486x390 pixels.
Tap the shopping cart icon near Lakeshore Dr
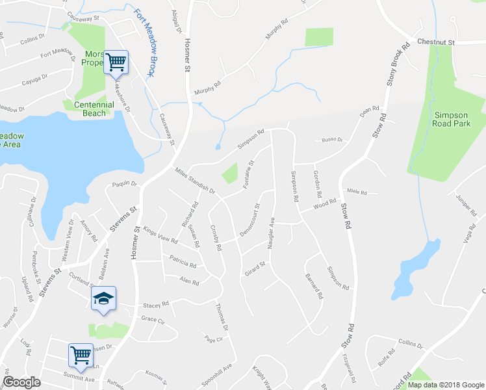pos(116,62)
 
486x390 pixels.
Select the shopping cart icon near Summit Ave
pos(81,355)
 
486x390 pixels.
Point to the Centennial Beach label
pos(94,109)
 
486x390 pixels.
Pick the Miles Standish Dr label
pos(194,181)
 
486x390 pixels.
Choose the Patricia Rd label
pos(183,263)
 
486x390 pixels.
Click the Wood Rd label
pos(325,203)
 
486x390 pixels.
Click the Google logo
pos(21,382)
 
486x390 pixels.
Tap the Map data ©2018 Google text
pos(445,385)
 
